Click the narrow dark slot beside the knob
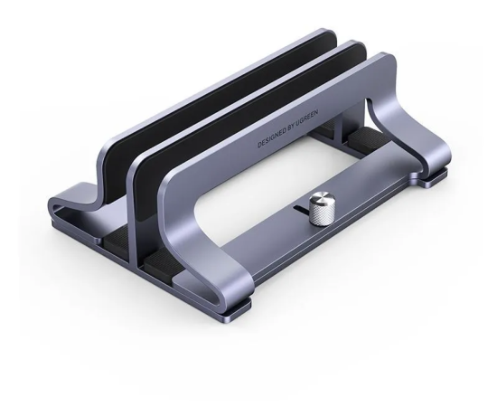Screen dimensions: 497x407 [301, 210]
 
